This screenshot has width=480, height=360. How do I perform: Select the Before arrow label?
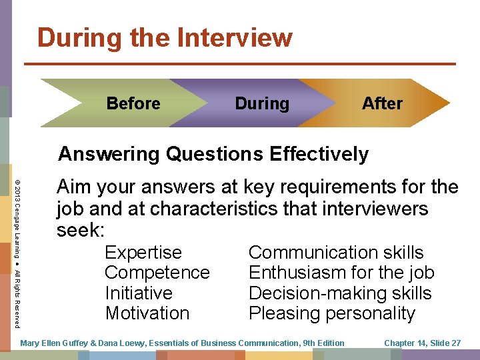(133, 103)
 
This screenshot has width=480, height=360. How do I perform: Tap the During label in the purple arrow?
(262, 103)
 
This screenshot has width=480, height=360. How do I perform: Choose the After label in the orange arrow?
(382, 103)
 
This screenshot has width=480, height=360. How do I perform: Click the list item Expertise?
(143, 253)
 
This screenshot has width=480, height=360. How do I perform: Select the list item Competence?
(157, 273)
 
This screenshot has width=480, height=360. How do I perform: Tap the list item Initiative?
(139, 293)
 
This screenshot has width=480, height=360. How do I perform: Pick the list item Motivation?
(147, 313)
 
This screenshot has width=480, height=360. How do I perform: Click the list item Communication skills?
(336, 253)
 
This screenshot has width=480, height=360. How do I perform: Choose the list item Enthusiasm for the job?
(341, 273)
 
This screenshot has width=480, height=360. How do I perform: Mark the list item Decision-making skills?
(340, 293)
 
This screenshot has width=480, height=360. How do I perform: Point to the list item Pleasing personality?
(332, 313)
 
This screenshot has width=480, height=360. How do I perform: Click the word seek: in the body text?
(81, 230)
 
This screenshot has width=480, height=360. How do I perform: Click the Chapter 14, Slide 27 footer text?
(423, 343)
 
